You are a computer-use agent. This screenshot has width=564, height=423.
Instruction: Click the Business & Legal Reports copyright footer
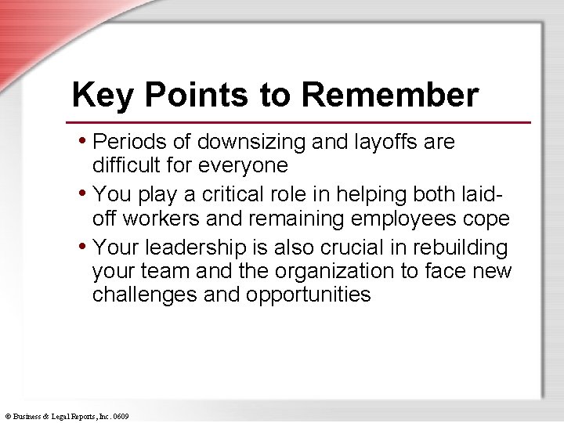[67, 416]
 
